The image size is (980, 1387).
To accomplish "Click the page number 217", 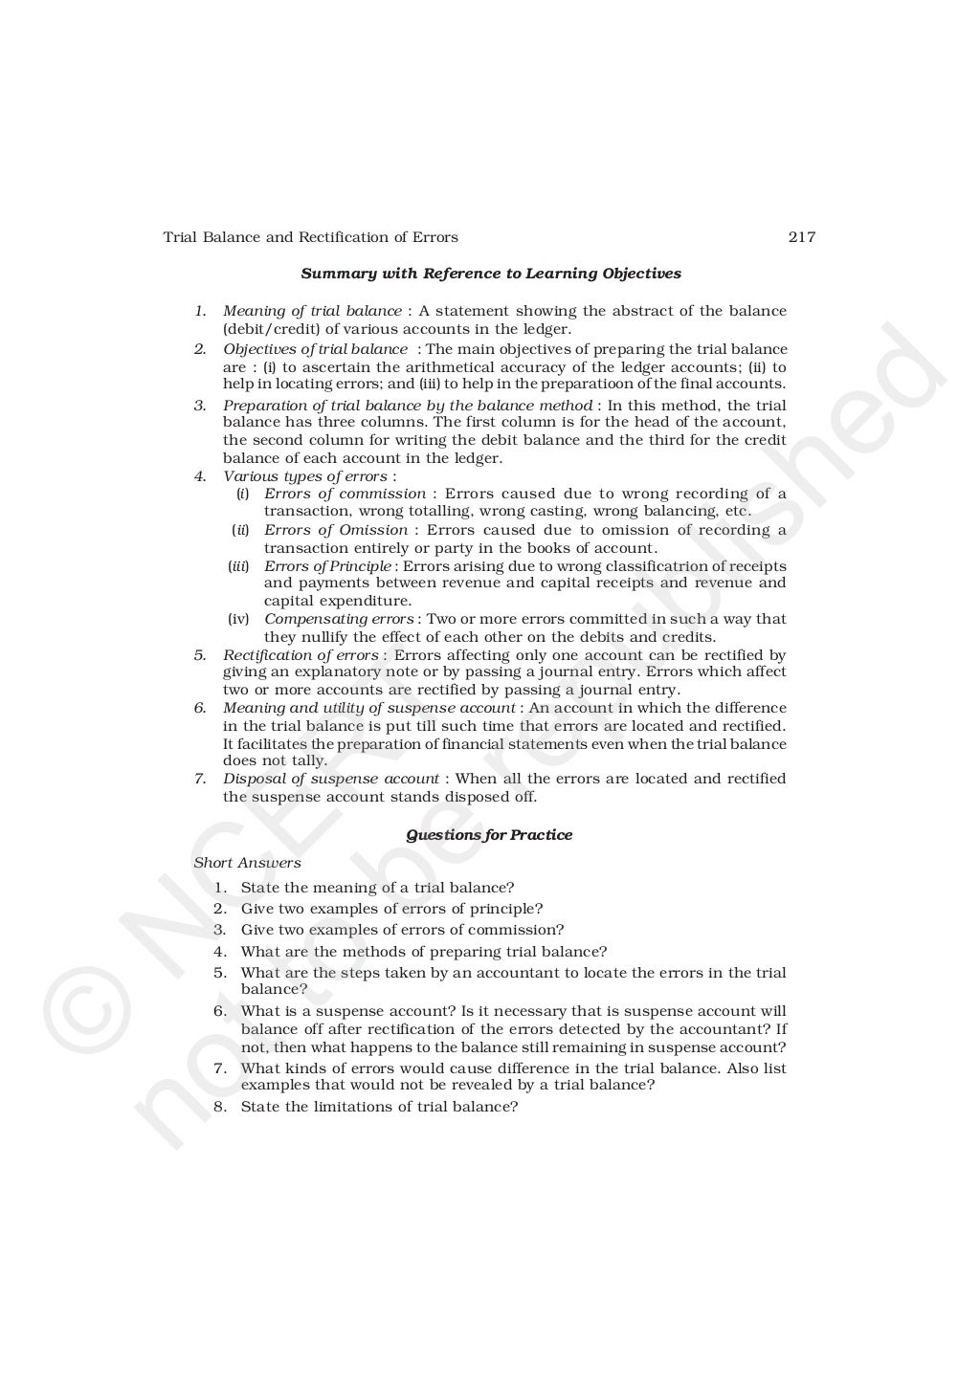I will [801, 237].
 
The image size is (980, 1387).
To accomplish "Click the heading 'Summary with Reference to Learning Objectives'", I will [491, 274].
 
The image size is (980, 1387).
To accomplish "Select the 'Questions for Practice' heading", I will [489, 835].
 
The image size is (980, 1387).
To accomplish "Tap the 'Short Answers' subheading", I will [247, 863].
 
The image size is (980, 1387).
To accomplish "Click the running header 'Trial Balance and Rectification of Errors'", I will [310, 237].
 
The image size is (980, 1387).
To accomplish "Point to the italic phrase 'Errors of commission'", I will [345, 494].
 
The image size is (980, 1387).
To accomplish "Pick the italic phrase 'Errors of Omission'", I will [335, 530].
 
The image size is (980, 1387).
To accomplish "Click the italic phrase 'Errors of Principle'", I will [327, 566].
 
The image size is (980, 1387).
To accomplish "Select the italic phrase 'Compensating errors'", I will [339, 619].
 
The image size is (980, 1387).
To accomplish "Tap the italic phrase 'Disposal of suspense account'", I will [331, 779].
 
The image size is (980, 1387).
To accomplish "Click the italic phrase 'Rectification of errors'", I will [301, 655].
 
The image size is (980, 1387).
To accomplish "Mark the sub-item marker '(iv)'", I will [238, 619].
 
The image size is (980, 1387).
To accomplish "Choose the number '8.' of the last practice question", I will [220, 1107].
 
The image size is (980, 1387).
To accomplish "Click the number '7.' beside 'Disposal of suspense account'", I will [200, 779].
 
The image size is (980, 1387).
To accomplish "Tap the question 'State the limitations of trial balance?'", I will [379, 1107].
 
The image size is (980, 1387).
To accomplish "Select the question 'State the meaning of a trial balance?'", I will [377, 888].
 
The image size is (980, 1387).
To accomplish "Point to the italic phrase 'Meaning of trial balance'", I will [312, 311].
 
